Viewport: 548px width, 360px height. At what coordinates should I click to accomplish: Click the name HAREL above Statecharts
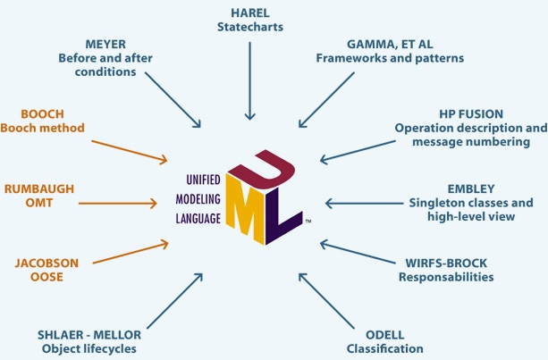pos(249,12)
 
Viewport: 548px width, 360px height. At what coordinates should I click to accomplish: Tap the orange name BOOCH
pos(41,113)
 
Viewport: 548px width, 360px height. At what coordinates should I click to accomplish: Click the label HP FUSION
pos(471,115)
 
